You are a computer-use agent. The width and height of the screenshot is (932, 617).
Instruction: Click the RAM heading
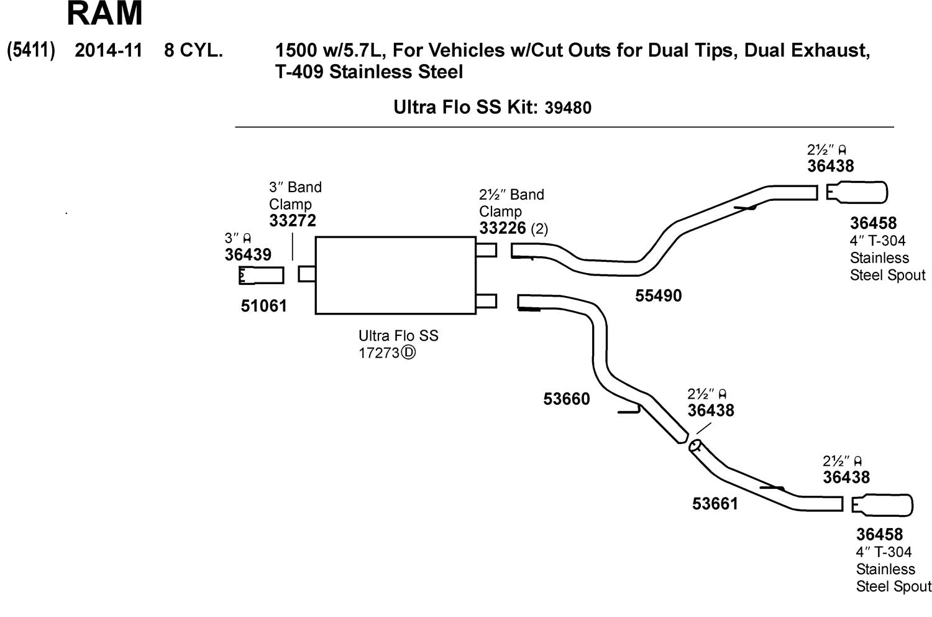tap(104, 14)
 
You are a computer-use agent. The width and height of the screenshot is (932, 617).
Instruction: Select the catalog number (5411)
tap(31, 50)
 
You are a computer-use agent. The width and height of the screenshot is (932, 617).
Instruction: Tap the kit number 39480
tap(568, 108)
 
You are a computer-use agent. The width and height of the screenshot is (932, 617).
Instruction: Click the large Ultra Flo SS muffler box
tap(395, 275)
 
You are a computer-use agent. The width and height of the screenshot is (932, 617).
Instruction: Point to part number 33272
tap(293, 221)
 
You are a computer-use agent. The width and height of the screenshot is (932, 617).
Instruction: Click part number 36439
tap(248, 254)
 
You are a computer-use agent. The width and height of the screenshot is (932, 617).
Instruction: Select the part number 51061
tap(264, 306)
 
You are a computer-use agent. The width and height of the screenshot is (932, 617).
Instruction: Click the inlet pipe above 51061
tap(262, 275)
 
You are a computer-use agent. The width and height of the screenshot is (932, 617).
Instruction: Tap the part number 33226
tap(503, 228)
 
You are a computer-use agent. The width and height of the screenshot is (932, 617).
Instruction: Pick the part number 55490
tap(658, 296)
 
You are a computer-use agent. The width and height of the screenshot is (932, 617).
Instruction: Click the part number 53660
tap(567, 399)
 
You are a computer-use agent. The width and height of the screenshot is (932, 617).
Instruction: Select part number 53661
tap(715, 504)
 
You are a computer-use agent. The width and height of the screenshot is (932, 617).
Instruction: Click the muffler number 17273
tap(378, 353)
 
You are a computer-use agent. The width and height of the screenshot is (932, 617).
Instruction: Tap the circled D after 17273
tap(408, 353)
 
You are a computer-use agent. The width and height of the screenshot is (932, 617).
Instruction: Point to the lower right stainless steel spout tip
tap(882, 505)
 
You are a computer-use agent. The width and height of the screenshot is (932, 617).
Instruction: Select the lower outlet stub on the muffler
tap(486, 301)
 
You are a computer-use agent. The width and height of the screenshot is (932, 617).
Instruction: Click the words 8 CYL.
tap(193, 50)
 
